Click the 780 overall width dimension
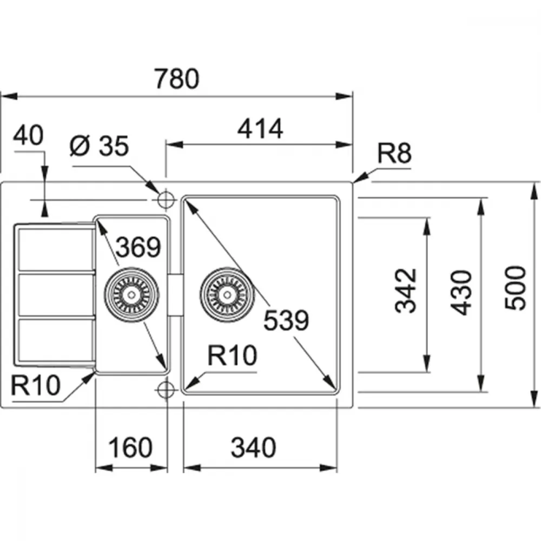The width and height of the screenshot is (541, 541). (177, 79)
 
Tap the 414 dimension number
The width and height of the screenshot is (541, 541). (260, 129)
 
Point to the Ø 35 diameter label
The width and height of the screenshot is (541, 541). (100, 146)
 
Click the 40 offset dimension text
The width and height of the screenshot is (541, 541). (28, 135)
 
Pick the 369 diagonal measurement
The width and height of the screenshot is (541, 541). (138, 247)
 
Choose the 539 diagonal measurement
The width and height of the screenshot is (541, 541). (286, 320)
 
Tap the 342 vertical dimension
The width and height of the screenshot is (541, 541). (406, 291)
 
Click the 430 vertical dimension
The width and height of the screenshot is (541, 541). (461, 293)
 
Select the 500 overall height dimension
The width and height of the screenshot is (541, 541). (515, 288)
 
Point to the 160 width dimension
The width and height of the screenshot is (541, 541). (130, 447)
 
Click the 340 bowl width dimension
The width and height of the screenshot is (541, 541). (254, 447)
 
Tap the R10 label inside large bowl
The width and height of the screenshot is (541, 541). (232, 355)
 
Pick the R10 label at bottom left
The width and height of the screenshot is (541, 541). (36, 385)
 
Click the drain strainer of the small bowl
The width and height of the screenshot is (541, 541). (131, 295)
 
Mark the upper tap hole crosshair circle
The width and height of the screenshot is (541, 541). (166, 200)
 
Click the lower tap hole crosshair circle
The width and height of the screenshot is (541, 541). (166, 390)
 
